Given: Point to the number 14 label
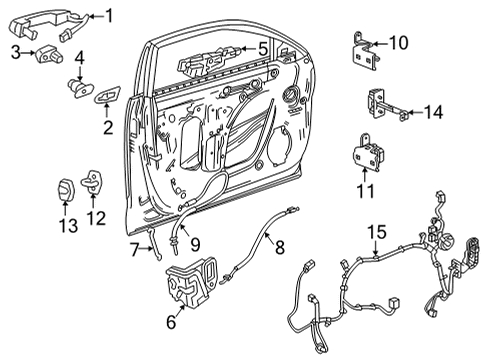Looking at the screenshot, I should click(433, 113).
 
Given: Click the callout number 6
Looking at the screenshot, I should click(171, 321).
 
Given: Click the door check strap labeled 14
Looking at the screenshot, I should click(384, 103).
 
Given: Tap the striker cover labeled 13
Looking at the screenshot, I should click(65, 189).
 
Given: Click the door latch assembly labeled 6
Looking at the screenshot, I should click(190, 282).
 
